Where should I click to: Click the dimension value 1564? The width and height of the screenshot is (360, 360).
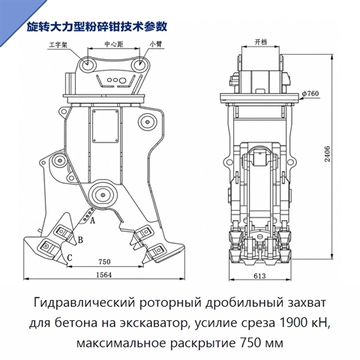[104, 274]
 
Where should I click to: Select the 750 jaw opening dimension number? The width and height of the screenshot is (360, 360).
[104, 262]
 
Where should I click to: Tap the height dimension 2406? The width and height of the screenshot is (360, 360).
[328, 154]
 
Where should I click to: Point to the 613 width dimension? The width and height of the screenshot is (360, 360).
[259, 276]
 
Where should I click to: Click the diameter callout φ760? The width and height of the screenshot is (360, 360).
[310, 94]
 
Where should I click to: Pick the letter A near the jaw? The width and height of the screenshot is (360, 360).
[92, 220]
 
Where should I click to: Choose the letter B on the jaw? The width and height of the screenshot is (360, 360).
[80, 240]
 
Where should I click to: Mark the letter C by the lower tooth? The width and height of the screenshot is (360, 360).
[70, 257]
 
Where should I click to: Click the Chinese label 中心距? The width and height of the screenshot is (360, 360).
[114, 44]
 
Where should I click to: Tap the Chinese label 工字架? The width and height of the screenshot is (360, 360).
[58, 45]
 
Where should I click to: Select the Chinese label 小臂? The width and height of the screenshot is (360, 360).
[156, 44]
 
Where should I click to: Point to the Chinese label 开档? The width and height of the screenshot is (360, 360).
[261, 42]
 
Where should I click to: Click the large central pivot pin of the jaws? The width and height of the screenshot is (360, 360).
[103, 195]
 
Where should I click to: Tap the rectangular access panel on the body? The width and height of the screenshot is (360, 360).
[105, 126]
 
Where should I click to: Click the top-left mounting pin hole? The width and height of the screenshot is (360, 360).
[88, 63]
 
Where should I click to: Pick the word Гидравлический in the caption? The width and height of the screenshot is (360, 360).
[84, 303]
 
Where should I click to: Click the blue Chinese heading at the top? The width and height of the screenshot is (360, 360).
[97, 27]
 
